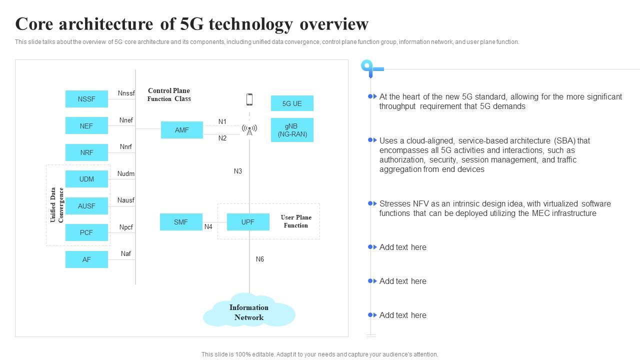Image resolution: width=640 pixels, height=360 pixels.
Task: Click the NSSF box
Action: point(86,99)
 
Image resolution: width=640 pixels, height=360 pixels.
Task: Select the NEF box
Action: point(86,126)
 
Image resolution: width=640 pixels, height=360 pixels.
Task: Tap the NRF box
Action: point(86,152)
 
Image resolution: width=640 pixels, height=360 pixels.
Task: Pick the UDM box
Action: point(86,179)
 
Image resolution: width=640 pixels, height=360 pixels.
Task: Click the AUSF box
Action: point(86,206)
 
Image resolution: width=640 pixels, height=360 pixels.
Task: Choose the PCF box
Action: point(86,232)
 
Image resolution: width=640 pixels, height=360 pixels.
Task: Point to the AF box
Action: point(86,259)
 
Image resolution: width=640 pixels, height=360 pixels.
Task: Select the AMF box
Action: point(182,130)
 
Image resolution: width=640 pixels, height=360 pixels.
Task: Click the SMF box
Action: point(181,222)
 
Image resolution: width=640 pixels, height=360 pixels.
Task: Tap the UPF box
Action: point(248,222)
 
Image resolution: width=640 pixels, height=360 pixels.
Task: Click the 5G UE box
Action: point(292,103)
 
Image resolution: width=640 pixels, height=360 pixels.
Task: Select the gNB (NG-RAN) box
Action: point(292,130)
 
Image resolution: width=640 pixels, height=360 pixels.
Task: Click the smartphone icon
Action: point(249,99)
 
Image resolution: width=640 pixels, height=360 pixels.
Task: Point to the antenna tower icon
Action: point(249,130)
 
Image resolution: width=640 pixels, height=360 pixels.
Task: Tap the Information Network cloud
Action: point(249,312)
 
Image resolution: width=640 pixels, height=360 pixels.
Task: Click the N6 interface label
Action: point(260,259)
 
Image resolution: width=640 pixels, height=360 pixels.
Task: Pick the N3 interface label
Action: point(238,171)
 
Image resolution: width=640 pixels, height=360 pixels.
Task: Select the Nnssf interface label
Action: point(126,93)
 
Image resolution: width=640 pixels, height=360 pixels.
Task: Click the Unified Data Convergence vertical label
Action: point(57,205)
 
